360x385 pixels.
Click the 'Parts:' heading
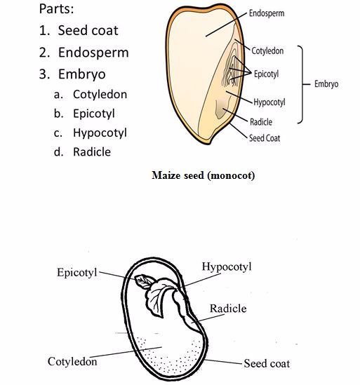click(x=56, y=9)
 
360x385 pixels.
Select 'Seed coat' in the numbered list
click(x=88, y=30)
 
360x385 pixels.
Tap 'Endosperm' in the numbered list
click(x=93, y=53)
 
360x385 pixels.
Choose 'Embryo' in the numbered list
click(x=82, y=74)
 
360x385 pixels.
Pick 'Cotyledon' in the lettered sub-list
click(x=100, y=95)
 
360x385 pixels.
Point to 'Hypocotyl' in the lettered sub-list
click(x=100, y=133)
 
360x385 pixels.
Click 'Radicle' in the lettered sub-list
click(x=92, y=152)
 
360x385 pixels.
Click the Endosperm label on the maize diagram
click(x=267, y=13)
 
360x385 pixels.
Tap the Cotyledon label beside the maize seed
click(x=267, y=50)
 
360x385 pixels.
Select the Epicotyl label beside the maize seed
click(x=266, y=74)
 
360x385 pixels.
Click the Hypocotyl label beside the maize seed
click(x=269, y=102)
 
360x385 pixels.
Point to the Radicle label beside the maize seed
click(x=261, y=122)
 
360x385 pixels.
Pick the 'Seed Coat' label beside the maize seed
click(x=265, y=138)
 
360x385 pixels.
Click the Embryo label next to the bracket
click(x=326, y=84)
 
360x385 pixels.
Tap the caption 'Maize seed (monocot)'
click(x=204, y=175)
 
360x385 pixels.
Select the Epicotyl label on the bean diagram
click(x=77, y=273)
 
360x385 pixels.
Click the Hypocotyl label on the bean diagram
click(x=227, y=267)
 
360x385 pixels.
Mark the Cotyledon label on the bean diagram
click(x=72, y=361)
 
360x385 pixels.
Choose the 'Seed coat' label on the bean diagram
click(x=267, y=364)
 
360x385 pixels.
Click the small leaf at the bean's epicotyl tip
click(x=144, y=281)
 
